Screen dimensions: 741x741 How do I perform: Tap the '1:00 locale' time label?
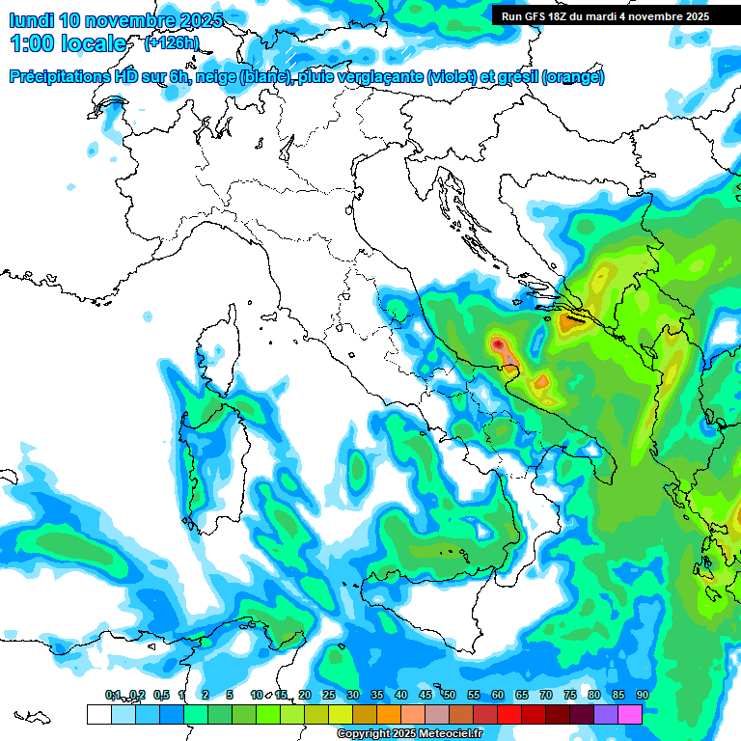point(68,43)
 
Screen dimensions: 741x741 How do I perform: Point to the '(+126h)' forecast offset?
point(171,43)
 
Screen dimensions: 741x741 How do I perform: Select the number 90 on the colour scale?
point(642,695)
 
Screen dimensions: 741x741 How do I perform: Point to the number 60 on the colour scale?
point(497,695)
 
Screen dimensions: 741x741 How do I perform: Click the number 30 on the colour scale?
point(352,695)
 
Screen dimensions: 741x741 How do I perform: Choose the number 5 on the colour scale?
point(229,695)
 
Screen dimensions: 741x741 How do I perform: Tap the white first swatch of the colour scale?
point(98,714)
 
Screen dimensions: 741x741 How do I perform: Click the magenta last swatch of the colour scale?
point(630,714)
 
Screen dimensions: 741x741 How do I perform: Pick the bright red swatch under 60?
point(509,714)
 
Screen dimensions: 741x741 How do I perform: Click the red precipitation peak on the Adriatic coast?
point(498,343)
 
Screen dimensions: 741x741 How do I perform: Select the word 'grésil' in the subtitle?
point(516,77)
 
